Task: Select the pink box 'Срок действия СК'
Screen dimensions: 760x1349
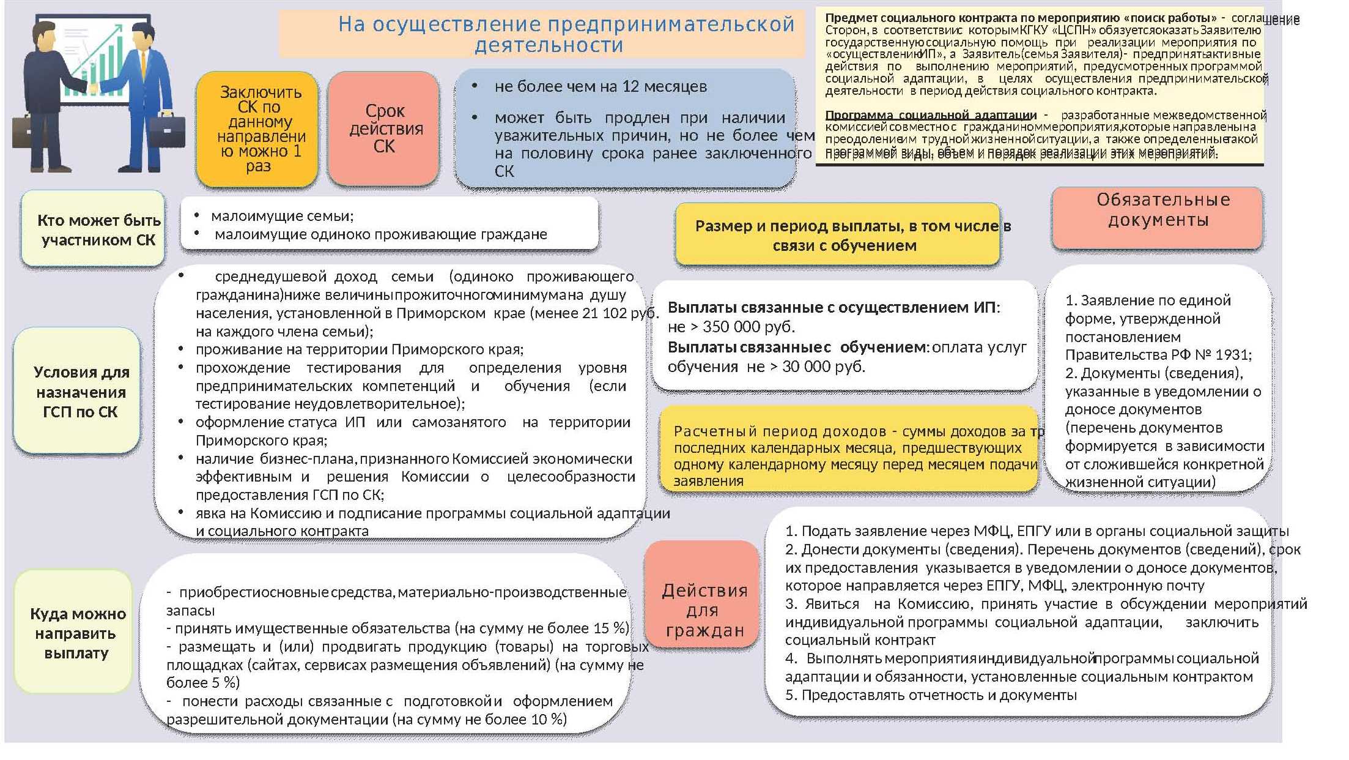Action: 384,129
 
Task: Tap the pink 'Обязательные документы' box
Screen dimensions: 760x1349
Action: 1158,218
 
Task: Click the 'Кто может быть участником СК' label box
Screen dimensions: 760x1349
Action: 93,230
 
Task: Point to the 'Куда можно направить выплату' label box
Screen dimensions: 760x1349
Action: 74,633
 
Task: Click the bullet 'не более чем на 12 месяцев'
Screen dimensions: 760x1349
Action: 600,87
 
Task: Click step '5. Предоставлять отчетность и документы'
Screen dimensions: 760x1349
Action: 931,695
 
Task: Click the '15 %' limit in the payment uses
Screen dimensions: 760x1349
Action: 611,628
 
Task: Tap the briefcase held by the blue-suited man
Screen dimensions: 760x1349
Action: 167,132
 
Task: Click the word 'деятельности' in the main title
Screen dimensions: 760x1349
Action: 549,45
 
